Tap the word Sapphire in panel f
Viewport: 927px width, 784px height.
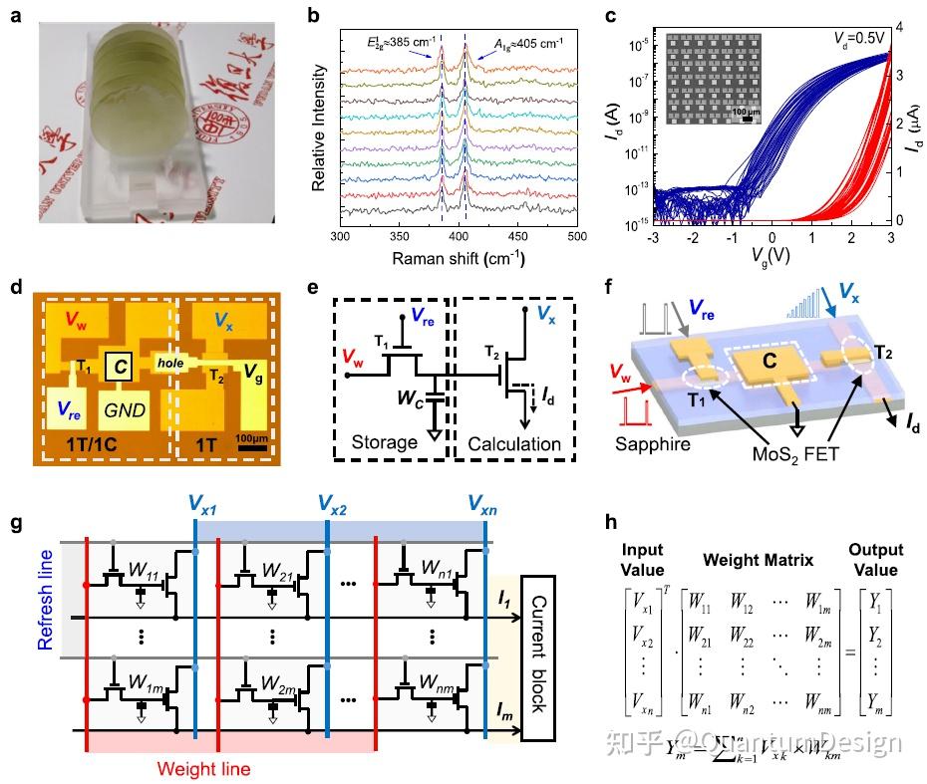click(x=653, y=444)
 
